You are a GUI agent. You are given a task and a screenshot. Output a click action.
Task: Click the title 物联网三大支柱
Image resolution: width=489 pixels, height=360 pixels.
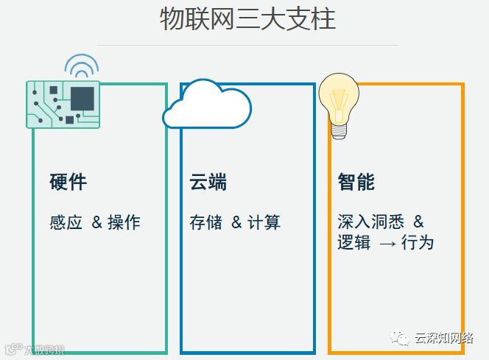247,19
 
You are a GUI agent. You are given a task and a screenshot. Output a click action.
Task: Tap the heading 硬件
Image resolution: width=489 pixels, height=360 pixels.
68,183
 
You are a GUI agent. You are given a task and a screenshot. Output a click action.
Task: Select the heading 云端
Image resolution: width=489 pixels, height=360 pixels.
208,183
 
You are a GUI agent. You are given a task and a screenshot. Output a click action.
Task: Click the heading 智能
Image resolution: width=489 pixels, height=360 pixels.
356,183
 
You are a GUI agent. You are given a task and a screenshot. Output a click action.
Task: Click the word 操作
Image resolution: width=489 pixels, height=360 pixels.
124,222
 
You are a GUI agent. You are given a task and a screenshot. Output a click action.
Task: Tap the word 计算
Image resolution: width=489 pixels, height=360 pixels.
264,222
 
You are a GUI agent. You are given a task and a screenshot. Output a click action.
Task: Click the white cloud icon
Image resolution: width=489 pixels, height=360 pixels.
207,105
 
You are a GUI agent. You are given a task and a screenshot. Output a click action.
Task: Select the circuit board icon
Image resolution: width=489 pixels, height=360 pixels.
63,104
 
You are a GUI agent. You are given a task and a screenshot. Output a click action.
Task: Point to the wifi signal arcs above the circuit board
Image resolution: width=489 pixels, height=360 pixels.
81,66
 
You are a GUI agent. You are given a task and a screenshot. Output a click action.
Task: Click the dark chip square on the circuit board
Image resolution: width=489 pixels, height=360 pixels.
82,98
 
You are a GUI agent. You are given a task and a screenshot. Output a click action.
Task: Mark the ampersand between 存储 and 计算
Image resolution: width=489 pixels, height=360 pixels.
236,222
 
